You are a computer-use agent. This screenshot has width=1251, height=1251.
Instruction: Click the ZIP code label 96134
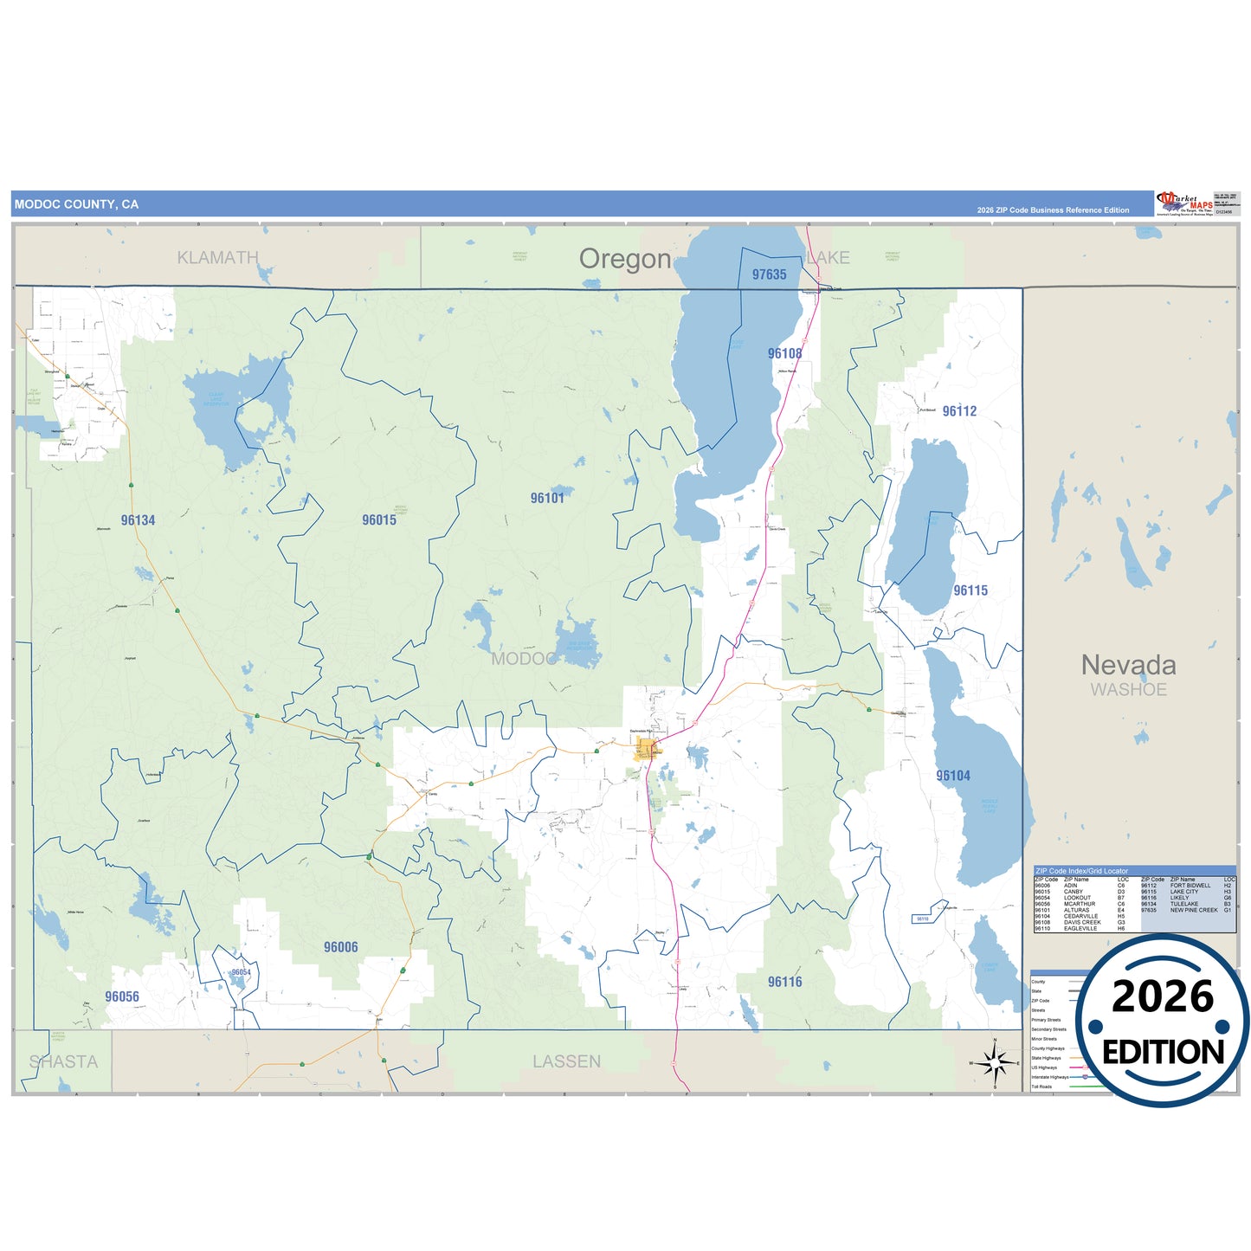[139, 520]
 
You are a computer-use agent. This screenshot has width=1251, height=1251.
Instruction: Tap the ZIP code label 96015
[379, 520]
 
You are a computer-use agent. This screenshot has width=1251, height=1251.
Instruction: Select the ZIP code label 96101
[547, 498]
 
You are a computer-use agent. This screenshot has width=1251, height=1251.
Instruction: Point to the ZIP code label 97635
[769, 274]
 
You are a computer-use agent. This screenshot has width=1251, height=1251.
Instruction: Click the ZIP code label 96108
[784, 353]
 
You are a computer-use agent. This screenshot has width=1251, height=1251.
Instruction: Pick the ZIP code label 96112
[959, 411]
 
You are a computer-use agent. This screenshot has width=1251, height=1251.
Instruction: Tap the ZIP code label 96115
[970, 590]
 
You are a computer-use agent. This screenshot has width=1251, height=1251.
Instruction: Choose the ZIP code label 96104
[953, 776]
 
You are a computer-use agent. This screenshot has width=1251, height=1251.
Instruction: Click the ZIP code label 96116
[784, 982]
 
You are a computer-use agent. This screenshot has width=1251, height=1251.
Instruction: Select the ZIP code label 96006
[340, 947]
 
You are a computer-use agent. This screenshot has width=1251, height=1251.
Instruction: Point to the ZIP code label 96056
[122, 996]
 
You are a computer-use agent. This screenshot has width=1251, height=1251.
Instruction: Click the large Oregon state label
[625, 259]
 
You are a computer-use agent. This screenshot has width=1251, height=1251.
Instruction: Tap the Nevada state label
[1128, 665]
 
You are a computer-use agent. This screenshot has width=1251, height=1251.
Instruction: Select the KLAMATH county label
[217, 257]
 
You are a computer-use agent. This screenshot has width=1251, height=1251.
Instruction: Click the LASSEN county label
[566, 1061]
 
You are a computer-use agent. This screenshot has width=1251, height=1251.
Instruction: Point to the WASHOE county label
[1128, 690]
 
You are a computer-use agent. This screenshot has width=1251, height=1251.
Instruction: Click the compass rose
[995, 1062]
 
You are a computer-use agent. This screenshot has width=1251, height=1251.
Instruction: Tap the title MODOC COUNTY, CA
[76, 204]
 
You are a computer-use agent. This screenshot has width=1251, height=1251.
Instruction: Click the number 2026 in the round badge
[1162, 996]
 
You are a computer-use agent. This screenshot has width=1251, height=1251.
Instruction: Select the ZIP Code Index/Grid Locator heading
[1081, 871]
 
